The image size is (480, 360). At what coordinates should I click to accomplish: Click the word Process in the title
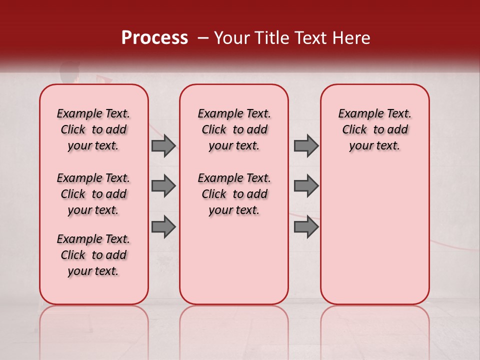[x=154, y=38]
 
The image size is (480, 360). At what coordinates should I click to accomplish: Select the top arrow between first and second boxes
[x=163, y=145]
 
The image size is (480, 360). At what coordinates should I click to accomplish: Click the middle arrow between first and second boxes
[x=163, y=186]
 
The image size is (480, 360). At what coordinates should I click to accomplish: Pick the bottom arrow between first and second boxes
[x=163, y=226]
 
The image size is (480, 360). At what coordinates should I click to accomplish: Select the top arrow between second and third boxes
[x=306, y=145]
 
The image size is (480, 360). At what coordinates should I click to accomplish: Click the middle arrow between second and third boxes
[x=306, y=186]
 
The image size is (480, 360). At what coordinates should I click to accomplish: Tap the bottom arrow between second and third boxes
[x=306, y=226]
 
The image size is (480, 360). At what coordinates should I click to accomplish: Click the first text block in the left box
[x=93, y=129]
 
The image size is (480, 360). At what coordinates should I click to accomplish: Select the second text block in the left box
[x=93, y=194]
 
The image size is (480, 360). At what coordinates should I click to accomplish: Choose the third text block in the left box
[x=93, y=255]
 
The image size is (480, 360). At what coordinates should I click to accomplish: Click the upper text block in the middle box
[x=234, y=129]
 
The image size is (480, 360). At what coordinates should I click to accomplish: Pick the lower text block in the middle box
[x=234, y=194]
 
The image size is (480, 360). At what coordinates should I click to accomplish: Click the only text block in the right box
[x=374, y=129]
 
